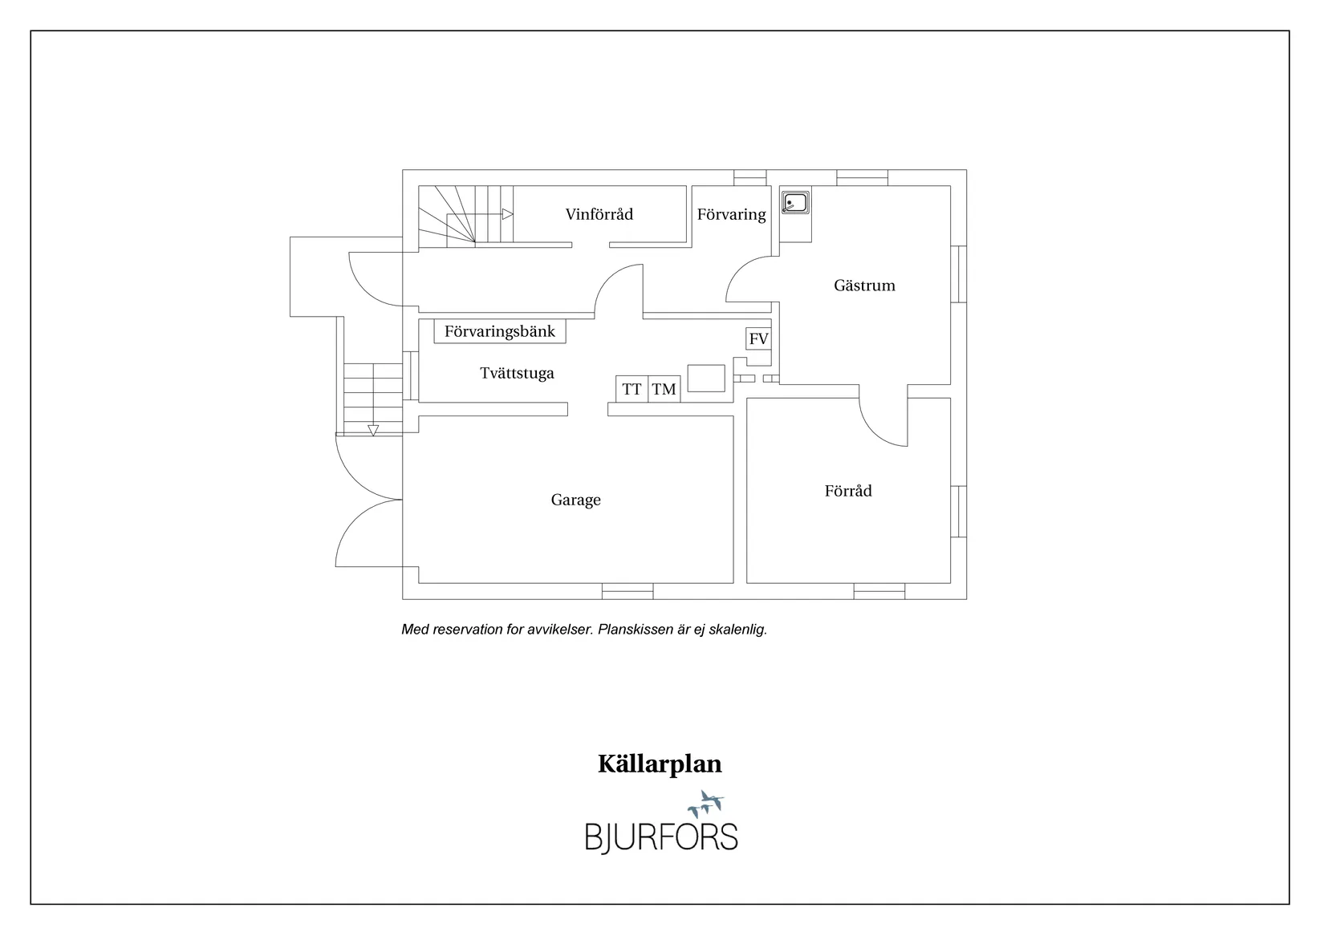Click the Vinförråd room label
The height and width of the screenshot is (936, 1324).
tap(599, 214)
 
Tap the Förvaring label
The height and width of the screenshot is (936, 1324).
tap(731, 214)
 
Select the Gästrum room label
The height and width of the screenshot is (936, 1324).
tap(864, 286)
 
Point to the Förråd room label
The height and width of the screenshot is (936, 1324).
tap(848, 490)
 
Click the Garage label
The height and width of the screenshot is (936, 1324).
tap(575, 500)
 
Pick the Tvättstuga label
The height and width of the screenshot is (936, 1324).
tap(517, 374)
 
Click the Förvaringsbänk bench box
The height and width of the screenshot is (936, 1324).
tap(500, 331)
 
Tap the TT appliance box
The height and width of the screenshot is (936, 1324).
tap(632, 389)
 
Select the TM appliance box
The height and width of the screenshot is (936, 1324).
tap(664, 389)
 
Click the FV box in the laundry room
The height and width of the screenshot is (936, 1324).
tap(758, 338)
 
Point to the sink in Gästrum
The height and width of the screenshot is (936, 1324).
tap(795, 203)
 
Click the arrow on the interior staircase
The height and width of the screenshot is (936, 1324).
tap(507, 214)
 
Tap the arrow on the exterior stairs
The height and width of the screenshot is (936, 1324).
tap(373, 430)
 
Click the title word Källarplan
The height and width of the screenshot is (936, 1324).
tap(660, 764)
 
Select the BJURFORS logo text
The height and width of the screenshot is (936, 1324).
tap(661, 837)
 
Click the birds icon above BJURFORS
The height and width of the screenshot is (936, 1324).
tap(706, 804)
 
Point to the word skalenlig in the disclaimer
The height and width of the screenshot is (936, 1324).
tap(737, 630)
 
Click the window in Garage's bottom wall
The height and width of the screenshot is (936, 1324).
tap(627, 591)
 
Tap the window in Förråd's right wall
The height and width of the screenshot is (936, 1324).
tap(959, 512)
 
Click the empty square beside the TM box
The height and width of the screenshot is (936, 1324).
tap(706, 379)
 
